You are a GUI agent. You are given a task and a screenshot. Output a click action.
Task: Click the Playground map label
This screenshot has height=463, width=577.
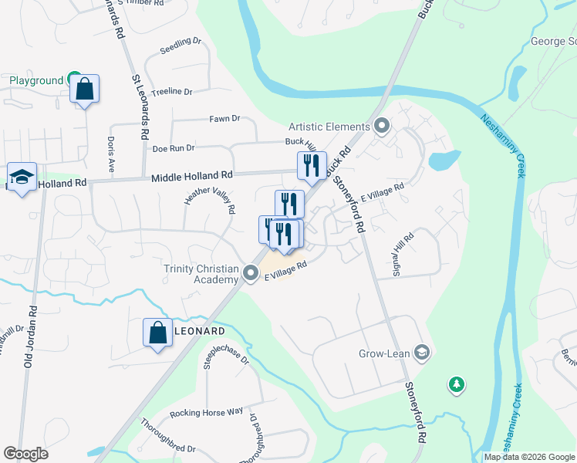[x=35, y=80]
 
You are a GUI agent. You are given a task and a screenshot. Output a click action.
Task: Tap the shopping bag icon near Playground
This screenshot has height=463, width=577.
[x=84, y=89]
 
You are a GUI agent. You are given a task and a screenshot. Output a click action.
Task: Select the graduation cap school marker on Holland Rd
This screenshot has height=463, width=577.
[x=22, y=177]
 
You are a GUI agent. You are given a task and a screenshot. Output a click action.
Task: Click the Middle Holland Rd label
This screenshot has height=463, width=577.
[x=191, y=177]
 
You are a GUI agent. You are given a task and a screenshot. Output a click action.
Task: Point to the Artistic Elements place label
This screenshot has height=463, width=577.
[x=329, y=127]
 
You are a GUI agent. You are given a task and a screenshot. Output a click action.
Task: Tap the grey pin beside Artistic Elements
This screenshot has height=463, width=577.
[x=381, y=126]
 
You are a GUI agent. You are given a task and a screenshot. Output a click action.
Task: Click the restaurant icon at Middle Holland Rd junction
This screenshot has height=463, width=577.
[x=312, y=166]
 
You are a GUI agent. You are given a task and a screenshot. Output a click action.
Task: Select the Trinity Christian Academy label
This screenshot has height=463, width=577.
[x=201, y=274]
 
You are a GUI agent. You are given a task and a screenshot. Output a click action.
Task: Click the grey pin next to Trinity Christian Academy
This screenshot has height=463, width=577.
[x=251, y=273]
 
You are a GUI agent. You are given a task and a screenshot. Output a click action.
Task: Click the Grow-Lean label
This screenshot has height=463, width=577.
[x=383, y=354]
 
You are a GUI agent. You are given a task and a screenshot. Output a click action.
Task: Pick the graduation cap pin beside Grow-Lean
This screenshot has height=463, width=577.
[x=421, y=353]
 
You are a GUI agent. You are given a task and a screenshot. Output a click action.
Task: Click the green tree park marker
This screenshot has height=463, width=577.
[x=457, y=384]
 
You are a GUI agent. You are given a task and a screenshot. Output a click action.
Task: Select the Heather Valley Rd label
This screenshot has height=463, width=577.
[x=209, y=209]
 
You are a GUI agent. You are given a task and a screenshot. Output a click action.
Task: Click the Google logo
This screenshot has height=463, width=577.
[x=25, y=454]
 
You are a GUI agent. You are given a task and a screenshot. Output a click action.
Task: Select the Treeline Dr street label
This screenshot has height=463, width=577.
[x=171, y=92]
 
